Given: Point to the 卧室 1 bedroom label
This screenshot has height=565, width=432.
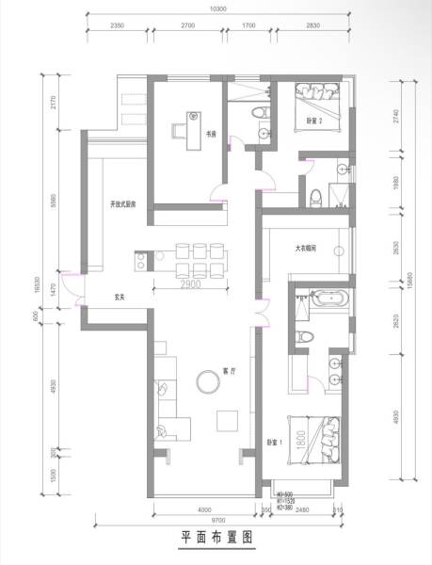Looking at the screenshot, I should point(271,442).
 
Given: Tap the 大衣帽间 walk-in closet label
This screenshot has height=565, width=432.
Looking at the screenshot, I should point(306,249).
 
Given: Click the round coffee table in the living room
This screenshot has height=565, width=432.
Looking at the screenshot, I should point(206,379).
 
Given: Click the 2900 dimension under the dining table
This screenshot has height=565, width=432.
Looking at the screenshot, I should point(194,283).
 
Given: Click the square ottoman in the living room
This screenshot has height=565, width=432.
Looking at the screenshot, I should point(227,419).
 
